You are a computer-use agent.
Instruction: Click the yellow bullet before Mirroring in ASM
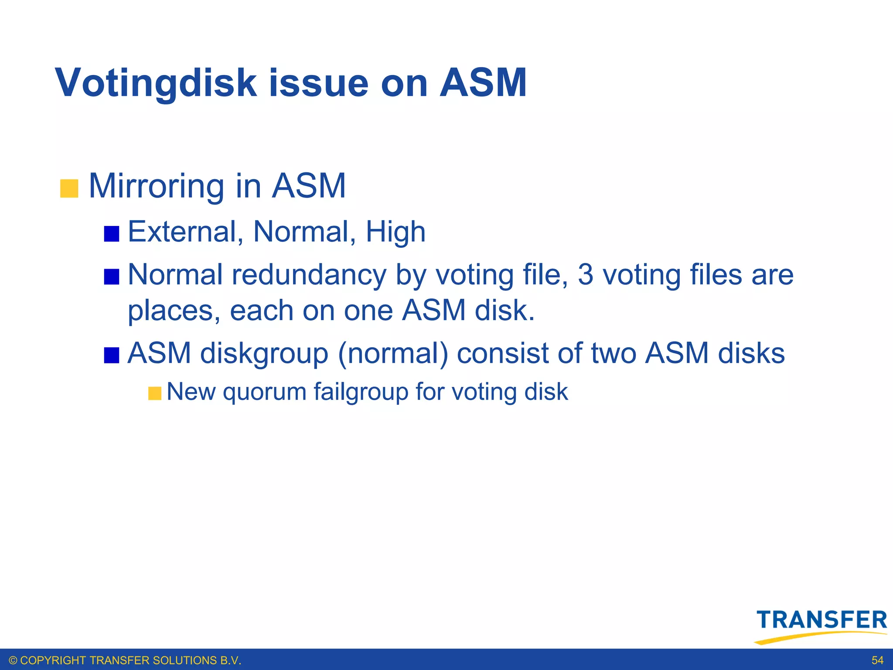tap(69, 188)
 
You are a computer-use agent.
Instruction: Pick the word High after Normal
tap(395, 232)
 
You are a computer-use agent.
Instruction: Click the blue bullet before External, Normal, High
tap(112, 234)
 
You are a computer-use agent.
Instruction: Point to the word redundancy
tap(309, 275)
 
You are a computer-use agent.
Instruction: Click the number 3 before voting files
tap(586, 275)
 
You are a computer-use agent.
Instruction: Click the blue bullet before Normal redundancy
tap(112, 277)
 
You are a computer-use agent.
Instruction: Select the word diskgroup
tap(264, 353)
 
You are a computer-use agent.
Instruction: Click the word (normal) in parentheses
tap(393, 353)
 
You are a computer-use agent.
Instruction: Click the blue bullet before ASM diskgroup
tap(112, 355)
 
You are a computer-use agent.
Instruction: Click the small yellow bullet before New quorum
tap(154, 393)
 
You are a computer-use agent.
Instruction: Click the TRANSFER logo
tap(821, 625)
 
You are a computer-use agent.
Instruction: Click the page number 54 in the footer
tap(877, 660)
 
